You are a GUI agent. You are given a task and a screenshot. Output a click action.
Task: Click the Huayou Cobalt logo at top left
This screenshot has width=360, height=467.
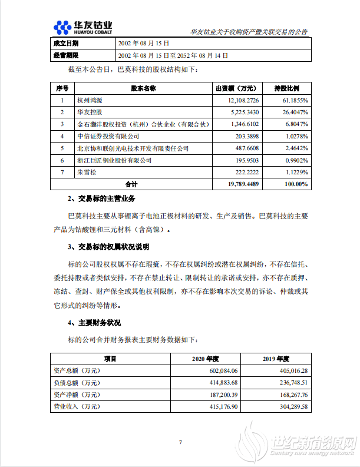pyautogui.click(x=82, y=27)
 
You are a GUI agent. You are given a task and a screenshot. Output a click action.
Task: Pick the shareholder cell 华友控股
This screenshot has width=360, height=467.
pyautogui.click(x=90, y=112)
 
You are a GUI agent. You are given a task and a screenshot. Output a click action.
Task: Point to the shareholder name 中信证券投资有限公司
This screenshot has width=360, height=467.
pyautogui.click(x=108, y=136)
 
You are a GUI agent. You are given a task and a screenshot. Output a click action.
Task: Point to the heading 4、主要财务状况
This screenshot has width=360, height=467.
pyautogui.click(x=94, y=323)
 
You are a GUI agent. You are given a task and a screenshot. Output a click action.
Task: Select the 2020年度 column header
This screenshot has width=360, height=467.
pyautogui.click(x=205, y=358)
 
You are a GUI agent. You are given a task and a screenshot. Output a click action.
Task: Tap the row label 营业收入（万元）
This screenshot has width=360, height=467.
pyautogui.click(x=77, y=406)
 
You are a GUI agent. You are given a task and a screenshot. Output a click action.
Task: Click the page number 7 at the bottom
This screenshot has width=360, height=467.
pyautogui.click(x=180, y=442)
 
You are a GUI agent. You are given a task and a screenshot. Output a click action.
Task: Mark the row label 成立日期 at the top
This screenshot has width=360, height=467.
pyautogui.click(x=65, y=43)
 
